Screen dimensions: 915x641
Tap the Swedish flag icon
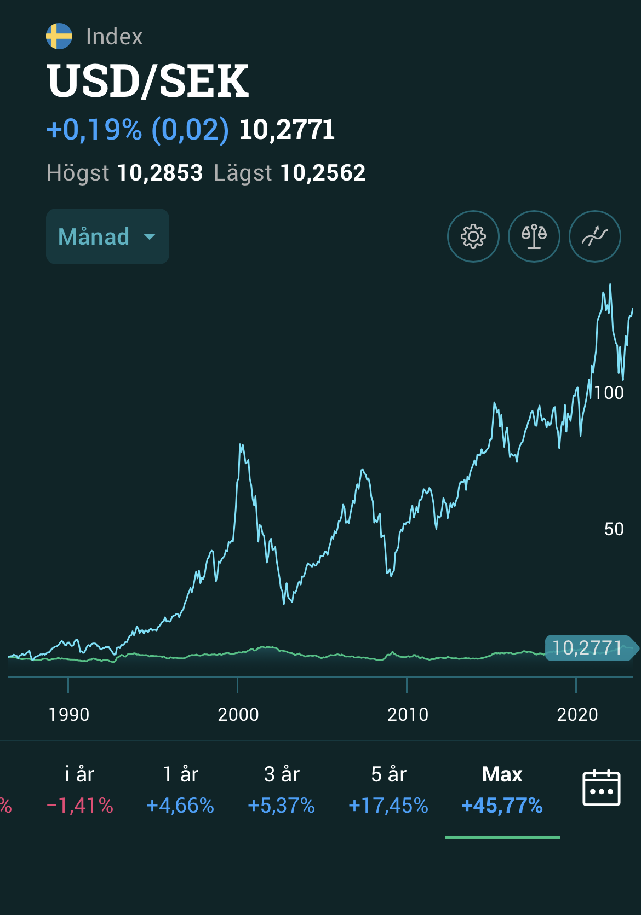pyautogui.click(x=59, y=37)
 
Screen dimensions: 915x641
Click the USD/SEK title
pyautogui.click(x=148, y=81)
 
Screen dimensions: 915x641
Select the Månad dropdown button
pyautogui.click(x=107, y=236)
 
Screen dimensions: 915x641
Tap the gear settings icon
pyautogui.click(x=473, y=236)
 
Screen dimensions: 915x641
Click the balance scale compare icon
pyautogui.click(x=534, y=236)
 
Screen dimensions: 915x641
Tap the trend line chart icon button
pyautogui.click(x=595, y=236)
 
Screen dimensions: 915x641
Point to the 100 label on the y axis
pyautogui.click(x=609, y=393)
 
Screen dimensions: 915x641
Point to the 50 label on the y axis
pyautogui.click(x=614, y=529)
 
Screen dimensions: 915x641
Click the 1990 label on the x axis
pyautogui.click(x=69, y=715)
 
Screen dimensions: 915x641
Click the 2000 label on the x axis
pyautogui.click(x=238, y=715)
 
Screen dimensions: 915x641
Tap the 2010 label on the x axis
pyautogui.click(x=408, y=715)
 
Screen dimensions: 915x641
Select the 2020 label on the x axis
pyautogui.click(x=577, y=715)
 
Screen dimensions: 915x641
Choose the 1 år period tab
pyautogui.click(x=180, y=790)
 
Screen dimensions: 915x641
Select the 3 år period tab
pyautogui.click(x=282, y=790)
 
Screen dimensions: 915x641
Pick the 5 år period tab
pyautogui.click(x=388, y=790)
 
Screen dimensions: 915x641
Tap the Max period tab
pyautogui.click(x=502, y=790)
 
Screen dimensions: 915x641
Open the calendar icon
pyautogui.click(x=601, y=788)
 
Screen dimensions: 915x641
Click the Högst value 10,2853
pyautogui.click(x=160, y=173)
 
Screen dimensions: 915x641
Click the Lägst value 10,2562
pyautogui.click(x=323, y=173)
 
